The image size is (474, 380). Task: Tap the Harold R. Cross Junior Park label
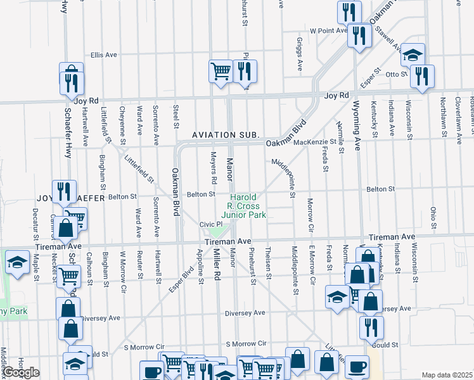tap(247, 206)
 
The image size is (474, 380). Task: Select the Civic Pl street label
tap(210, 224)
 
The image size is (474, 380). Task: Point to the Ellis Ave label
tap(104, 55)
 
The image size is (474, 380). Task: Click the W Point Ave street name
tap(328, 30)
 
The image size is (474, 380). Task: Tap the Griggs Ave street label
tap(298, 53)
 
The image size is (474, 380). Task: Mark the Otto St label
tap(396, 74)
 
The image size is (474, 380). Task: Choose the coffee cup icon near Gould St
tap(357, 366)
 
